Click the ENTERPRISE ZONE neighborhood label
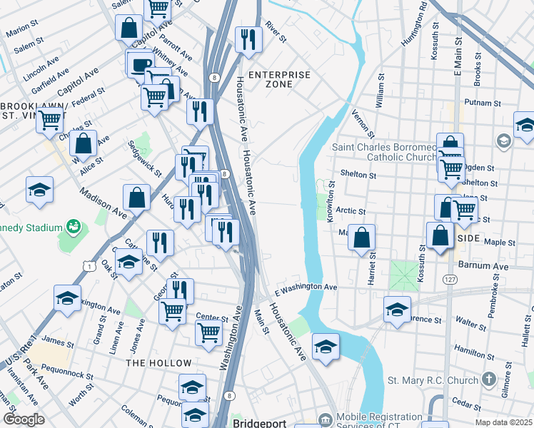[278, 79]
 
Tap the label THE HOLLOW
[158, 363]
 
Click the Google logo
[24, 419]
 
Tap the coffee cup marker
[139, 64]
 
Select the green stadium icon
[72, 228]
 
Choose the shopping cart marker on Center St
[208, 332]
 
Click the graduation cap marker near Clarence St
[397, 309]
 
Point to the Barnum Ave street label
[485, 265]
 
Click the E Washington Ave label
[306, 287]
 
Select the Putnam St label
[480, 102]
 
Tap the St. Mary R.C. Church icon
[489, 379]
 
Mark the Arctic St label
[351, 211]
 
